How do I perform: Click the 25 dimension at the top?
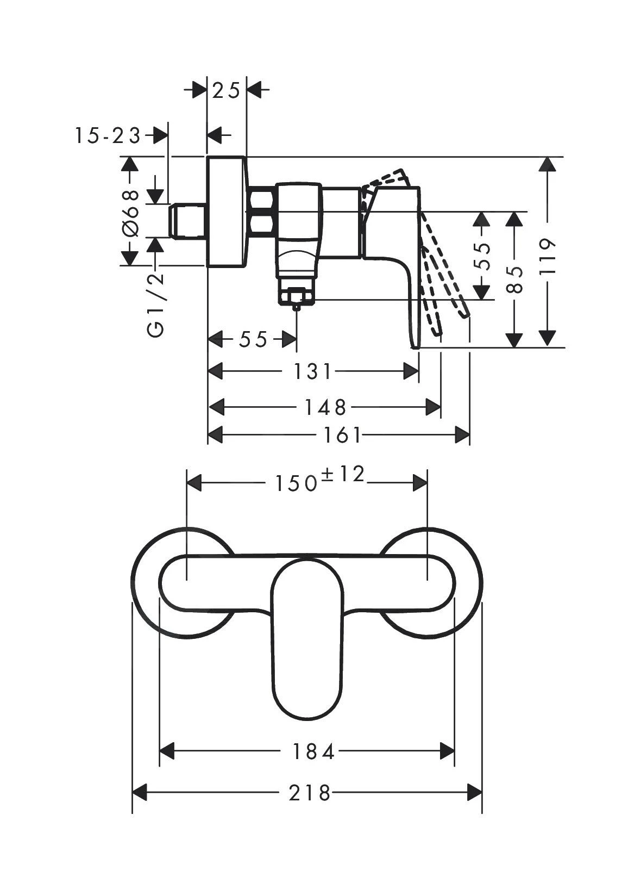tap(227, 91)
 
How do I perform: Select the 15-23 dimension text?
tap(108, 135)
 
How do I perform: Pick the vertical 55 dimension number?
tap(481, 256)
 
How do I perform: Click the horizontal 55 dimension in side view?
tap(253, 340)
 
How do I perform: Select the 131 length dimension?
tap(312, 372)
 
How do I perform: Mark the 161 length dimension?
tap(342, 435)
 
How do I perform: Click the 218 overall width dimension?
tap(310, 793)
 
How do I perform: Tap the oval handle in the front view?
tap(307, 642)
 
